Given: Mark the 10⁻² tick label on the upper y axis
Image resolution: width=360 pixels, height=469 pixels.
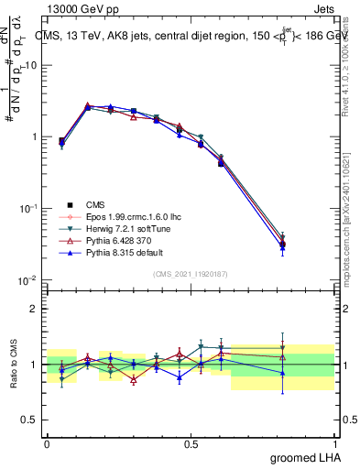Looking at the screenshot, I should [27, 279].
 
